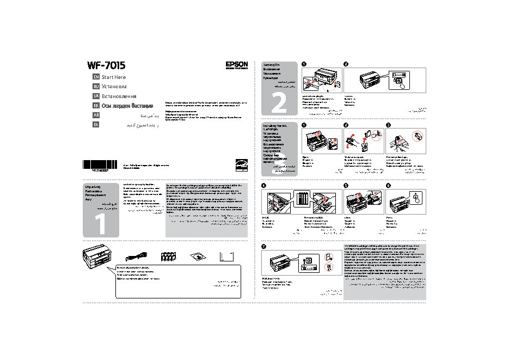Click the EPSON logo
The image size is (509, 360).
[x=236, y=64]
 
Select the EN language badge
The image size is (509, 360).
[x=96, y=77]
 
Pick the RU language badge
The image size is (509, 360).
[x=96, y=87]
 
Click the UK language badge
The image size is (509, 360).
[x=96, y=96]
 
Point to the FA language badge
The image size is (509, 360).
[x=96, y=124]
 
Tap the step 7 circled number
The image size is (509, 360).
[x=264, y=247]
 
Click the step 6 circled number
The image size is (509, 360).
[x=388, y=185]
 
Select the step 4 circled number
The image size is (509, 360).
[x=264, y=185]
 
